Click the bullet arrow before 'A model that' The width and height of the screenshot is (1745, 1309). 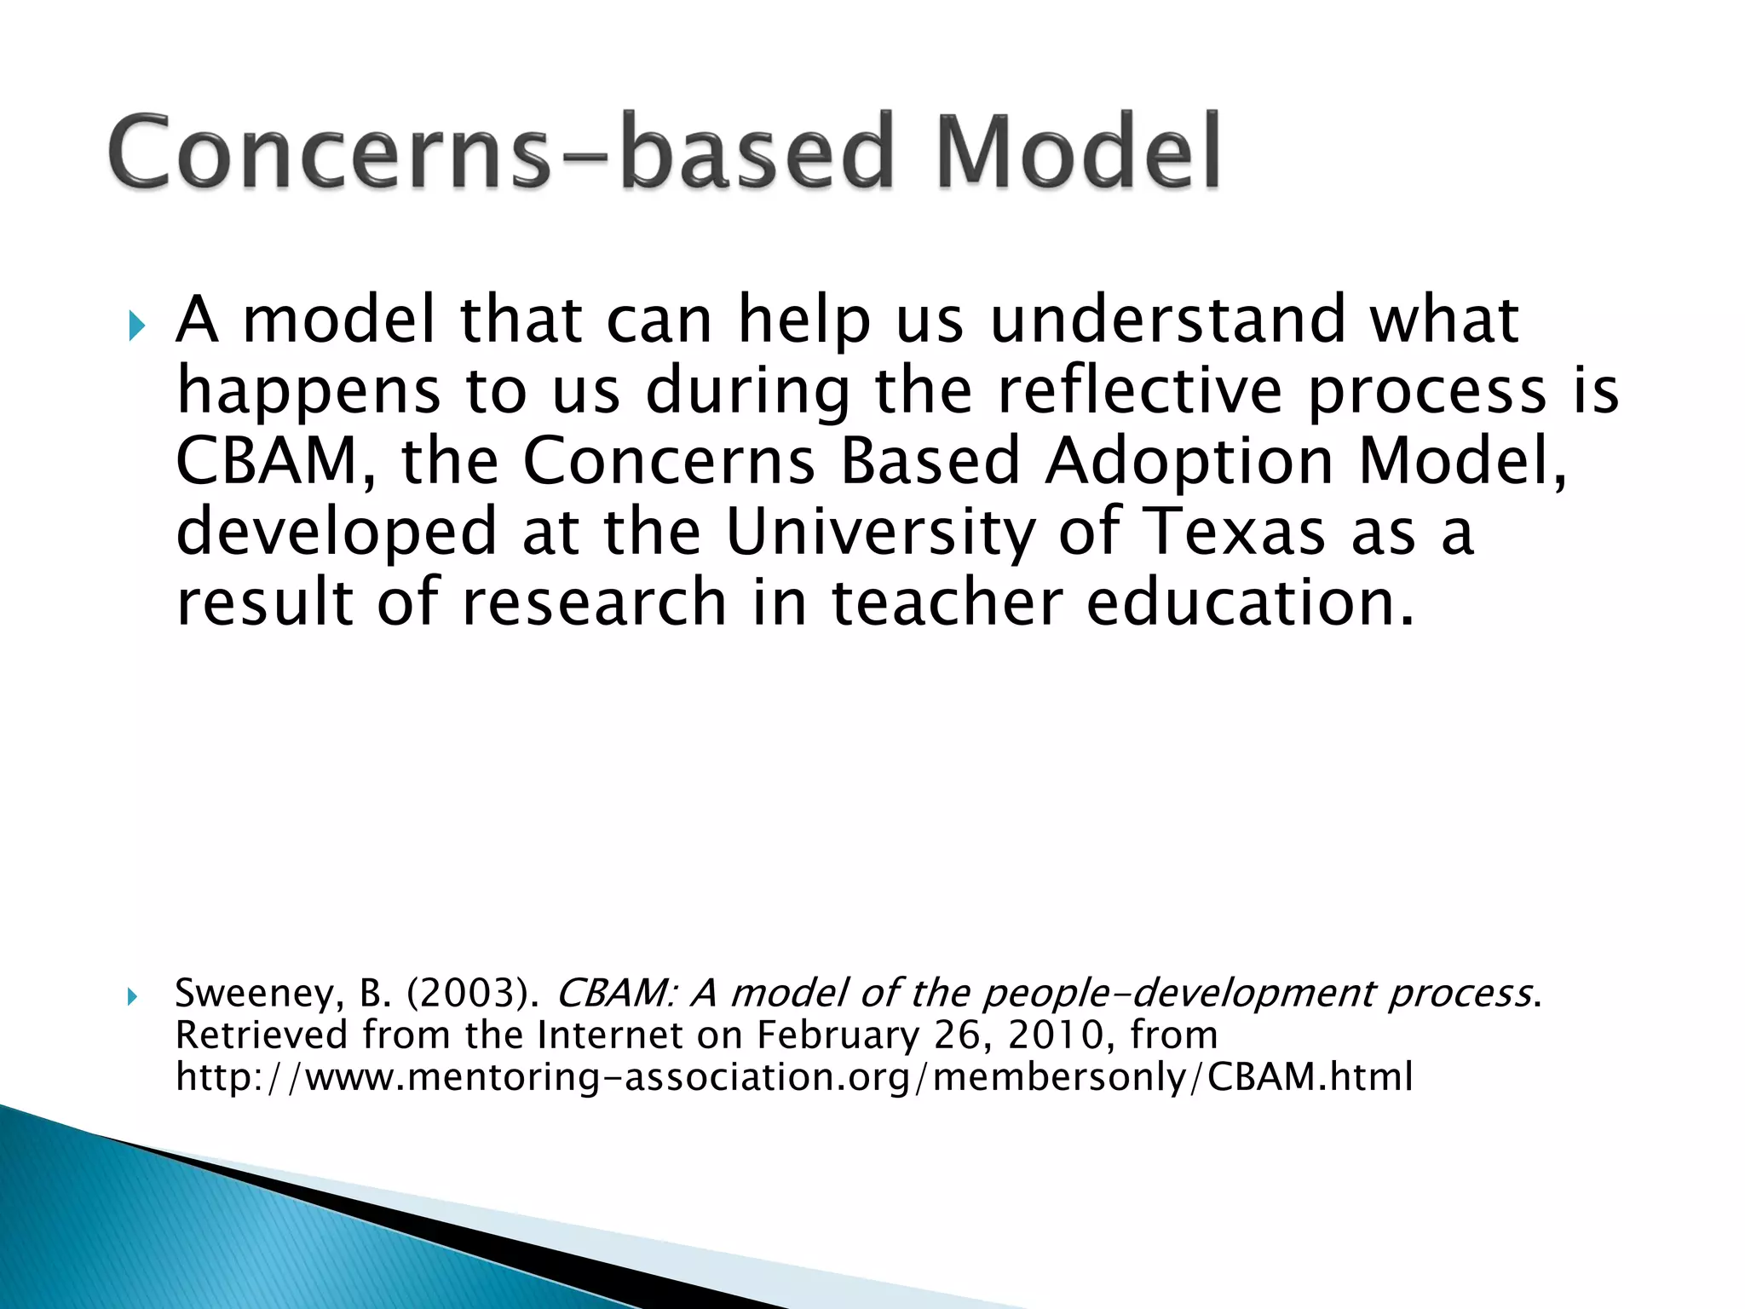[x=136, y=325]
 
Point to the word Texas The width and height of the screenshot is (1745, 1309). [x=1235, y=531]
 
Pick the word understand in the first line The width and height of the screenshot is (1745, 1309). [x=1166, y=320]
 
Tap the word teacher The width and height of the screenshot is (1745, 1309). [x=947, y=602]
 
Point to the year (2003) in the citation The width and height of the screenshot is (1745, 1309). [x=473, y=994]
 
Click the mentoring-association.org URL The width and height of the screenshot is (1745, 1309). [x=793, y=1076]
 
